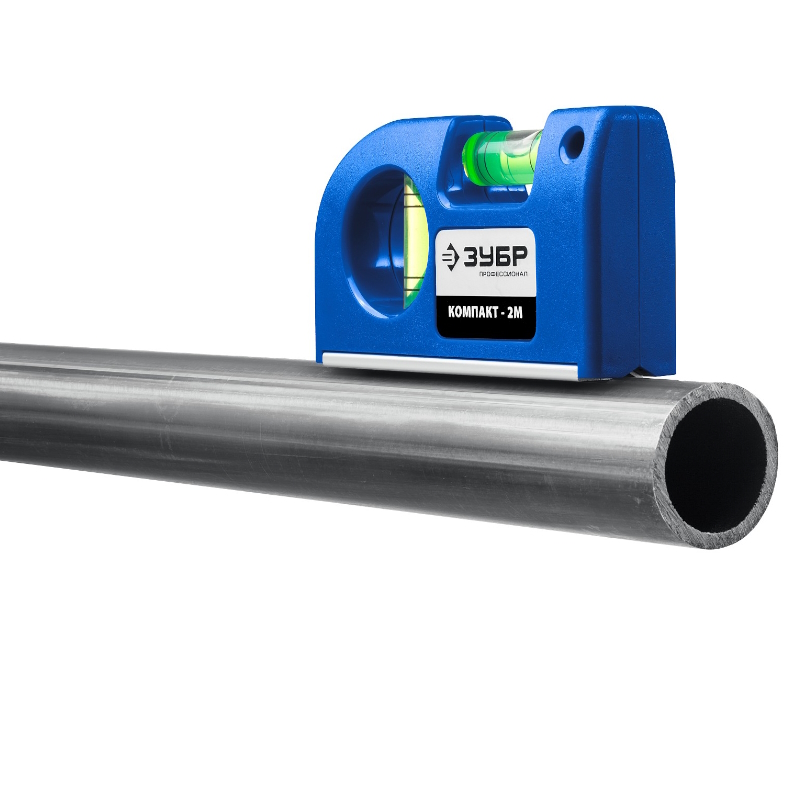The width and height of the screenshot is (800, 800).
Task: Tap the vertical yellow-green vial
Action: [414, 243]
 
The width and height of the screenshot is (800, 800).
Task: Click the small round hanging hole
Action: [573, 142]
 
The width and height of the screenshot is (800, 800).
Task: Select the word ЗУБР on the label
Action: [495, 256]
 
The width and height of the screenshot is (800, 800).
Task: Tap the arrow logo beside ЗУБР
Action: [450, 257]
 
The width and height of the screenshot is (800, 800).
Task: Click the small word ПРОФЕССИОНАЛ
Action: [503, 274]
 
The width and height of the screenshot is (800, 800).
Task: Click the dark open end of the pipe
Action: [716, 465]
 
